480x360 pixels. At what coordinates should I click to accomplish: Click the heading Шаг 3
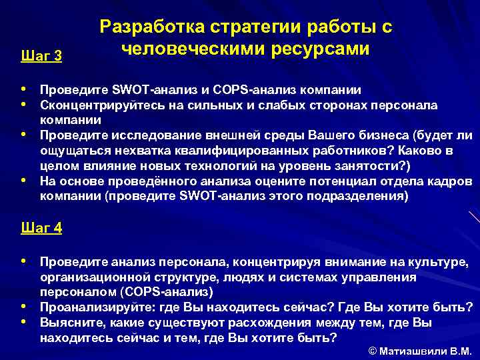click(x=41, y=56)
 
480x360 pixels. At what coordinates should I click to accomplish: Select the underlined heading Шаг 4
click(x=41, y=228)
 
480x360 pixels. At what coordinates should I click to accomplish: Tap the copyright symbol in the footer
click(x=372, y=351)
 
